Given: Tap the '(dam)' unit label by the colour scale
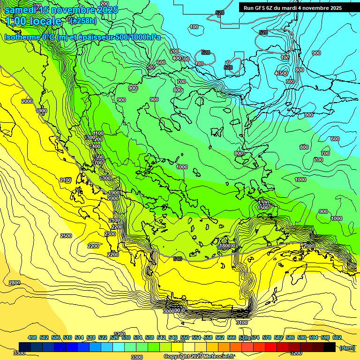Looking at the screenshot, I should pos(347,348).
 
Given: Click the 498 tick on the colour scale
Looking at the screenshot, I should pos(32,338).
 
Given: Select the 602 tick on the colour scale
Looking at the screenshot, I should pos(337,338).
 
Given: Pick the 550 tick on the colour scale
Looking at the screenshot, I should pos(185,338).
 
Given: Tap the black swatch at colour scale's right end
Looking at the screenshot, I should pos(330,347).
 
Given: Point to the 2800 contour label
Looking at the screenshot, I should pos(15,283).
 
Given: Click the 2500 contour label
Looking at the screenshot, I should pos(66,236).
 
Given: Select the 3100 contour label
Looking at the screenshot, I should pos(242,322).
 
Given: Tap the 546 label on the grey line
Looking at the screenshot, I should pos(178,259).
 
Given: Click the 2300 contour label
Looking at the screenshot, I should pos(110,234).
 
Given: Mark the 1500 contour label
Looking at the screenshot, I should pos(263,207).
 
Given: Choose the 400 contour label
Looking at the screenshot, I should pos(176,58).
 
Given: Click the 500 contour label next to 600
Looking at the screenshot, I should pos(151,67).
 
